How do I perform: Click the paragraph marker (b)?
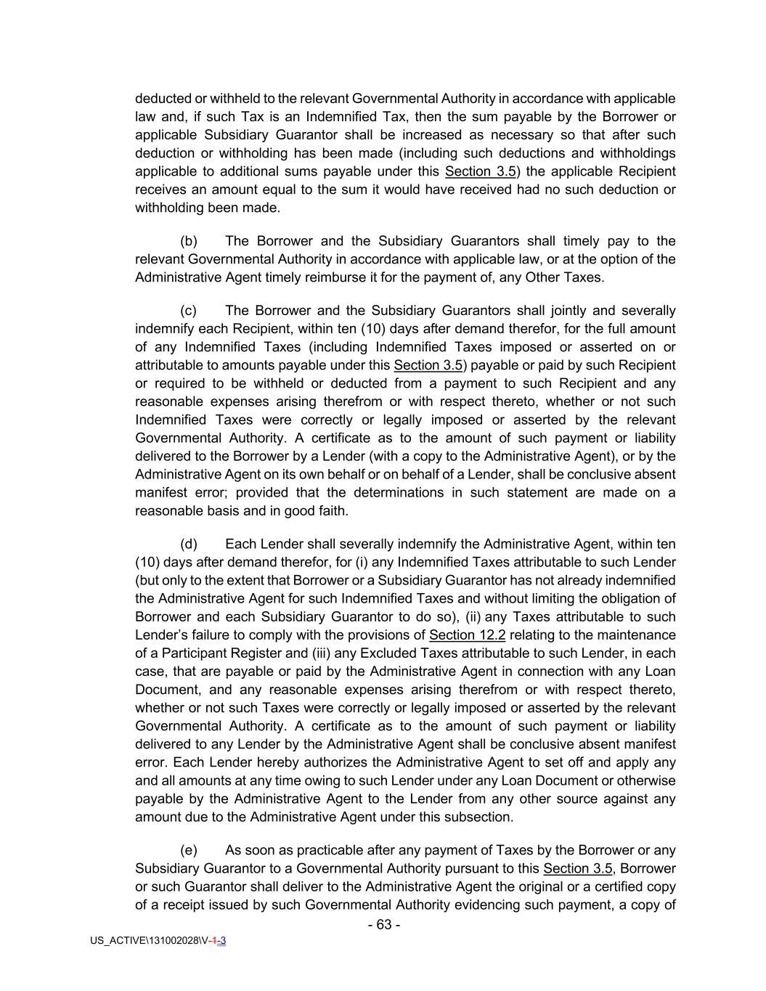coord(189,241)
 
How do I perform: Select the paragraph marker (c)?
coord(189,311)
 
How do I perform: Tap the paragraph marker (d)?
coord(189,544)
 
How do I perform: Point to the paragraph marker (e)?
coord(189,850)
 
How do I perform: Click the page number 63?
coord(384,924)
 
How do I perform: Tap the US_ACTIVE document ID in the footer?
coord(158,940)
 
